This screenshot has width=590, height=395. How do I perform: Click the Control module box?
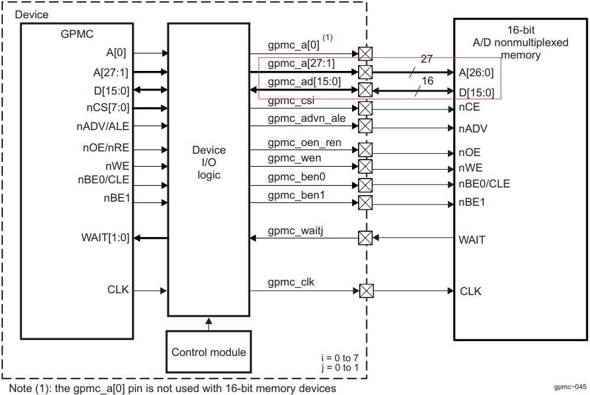pos(208,352)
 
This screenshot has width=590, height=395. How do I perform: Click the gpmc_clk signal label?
pos(291,282)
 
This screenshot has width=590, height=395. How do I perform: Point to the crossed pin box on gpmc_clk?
pos(366,291)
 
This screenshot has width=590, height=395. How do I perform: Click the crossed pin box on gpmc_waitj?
pos(366,238)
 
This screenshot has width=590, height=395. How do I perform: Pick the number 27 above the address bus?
pos(427,59)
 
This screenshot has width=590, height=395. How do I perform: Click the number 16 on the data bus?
pos(427,80)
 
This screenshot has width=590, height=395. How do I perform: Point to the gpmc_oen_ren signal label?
pos(304,143)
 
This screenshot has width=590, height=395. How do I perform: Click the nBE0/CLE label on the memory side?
pos(484,184)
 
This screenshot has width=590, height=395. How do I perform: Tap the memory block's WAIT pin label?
pos(472,239)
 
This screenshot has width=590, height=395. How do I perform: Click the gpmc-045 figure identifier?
pos(570,387)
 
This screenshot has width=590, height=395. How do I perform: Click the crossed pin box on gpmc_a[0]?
pos(366,54)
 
